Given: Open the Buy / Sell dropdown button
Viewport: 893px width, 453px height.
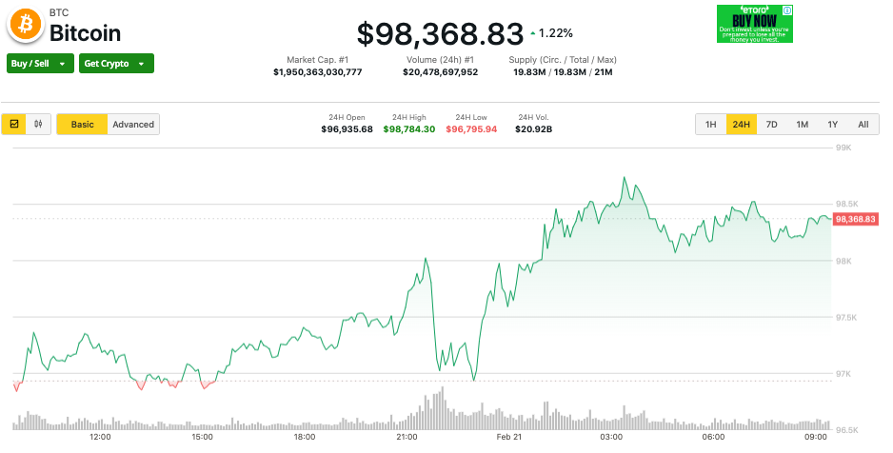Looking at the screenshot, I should pyautogui.click(x=40, y=64).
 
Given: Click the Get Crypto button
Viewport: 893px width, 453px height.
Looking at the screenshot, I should pyautogui.click(x=115, y=64).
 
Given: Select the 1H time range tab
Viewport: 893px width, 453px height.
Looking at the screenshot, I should pyautogui.click(x=711, y=125).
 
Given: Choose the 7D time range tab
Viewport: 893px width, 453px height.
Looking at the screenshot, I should pyautogui.click(x=772, y=125).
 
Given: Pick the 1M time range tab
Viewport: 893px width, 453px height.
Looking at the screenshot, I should pyautogui.click(x=803, y=125).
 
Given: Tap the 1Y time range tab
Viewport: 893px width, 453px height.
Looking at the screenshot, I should pyautogui.click(x=832, y=125).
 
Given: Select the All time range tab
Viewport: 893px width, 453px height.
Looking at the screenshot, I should pyautogui.click(x=863, y=125).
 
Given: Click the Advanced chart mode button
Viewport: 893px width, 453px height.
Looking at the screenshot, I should pyautogui.click(x=133, y=125).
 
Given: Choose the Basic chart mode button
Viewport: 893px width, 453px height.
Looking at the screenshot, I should pyautogui.click(x=83, y=125).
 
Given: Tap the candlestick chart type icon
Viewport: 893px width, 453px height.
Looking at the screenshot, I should pyautogui.click(x=39, y=125).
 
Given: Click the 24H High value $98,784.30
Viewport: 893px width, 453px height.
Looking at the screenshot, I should pyautogui.click(x=409, y=129).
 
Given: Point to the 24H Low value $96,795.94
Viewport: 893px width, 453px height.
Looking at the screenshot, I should pyautogui.click(x=471, y=129).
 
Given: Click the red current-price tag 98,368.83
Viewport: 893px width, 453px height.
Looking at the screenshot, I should pyautogui.click(x=855, y=219).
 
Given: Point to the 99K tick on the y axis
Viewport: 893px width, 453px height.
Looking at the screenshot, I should pyautogui.click(x=843, y=148).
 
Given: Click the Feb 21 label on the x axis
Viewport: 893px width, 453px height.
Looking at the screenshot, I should pyautogui.click(x=509, y=437).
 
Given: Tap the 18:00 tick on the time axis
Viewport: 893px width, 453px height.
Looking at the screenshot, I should pyautogui.click(x=305, y=437).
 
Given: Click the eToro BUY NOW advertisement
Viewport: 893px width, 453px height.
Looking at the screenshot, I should pyautogui.click(x=755, y=24).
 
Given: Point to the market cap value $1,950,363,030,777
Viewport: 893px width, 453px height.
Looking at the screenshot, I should pyautogui.click(x=317, y=72).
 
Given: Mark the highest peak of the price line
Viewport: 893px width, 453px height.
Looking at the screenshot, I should pyautogui.click(x=625, y=178).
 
